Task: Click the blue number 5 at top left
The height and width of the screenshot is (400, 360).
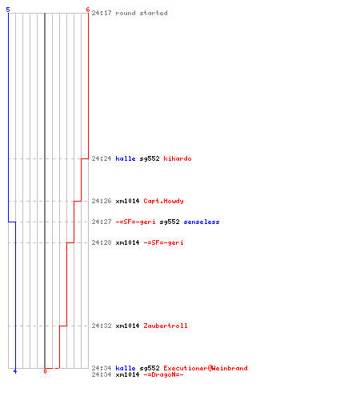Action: (8, 10)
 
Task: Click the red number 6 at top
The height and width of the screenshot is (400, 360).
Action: (87, 10)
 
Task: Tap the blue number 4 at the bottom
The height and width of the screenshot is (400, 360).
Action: (15, 371)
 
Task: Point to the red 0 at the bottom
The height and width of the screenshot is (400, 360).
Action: (45, 371)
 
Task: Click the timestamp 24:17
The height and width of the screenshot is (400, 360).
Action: (102, 13)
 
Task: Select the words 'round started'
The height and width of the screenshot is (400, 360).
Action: (142, 13)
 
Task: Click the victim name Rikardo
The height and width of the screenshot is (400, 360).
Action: (178, 158)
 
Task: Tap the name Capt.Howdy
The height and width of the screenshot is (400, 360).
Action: (163, 201)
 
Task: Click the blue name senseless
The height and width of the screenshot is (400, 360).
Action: (202, 222)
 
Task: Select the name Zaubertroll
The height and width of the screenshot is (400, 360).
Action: (166, 326)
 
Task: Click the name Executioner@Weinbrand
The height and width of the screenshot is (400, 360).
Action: (206, 368)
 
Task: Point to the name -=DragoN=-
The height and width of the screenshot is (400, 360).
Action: (163, 374)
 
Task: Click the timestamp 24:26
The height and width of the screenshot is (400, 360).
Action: (102, 201)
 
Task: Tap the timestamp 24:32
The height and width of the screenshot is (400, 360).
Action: (102, 326)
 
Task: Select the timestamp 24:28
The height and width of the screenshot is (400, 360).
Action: (102, 242)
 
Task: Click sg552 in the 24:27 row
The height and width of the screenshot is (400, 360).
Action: (170, 222)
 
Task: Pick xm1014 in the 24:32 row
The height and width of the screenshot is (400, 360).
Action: (127, 326)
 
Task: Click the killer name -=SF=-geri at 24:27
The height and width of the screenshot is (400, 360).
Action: (135, 222)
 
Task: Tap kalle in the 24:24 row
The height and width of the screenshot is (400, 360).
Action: (126, 158)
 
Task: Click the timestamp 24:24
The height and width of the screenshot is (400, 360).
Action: (102, 158)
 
